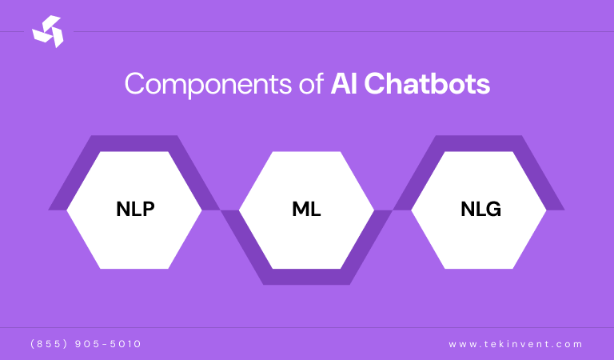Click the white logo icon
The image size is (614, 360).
[47, 31]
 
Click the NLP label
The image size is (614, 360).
[134, 210]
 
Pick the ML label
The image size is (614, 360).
[306, 210]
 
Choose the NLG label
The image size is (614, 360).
[480, 210]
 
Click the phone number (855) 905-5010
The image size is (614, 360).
[86, 344]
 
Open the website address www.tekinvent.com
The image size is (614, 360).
[516, 344]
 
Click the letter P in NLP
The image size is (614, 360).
[147, 210]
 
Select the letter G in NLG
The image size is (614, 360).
[493, 210]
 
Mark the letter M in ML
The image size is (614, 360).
[300, 210]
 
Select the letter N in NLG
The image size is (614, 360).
[466, 210]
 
